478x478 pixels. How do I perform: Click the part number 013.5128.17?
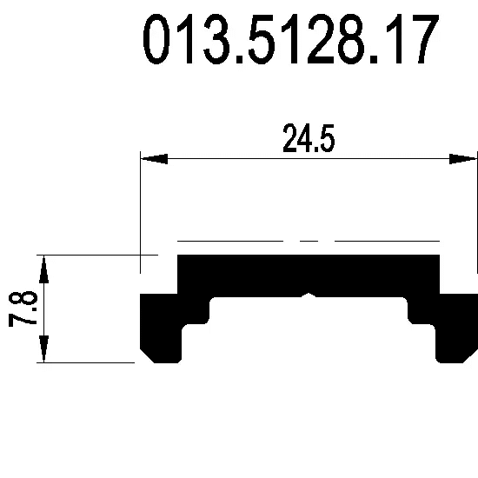291,39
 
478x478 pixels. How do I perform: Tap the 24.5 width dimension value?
309,138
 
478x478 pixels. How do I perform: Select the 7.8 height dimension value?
23,309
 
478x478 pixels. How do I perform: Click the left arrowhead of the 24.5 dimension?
154,159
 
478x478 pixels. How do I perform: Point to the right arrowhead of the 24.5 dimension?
463,159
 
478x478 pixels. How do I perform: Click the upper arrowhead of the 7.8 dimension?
44,269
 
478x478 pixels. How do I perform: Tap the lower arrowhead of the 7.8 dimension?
44,349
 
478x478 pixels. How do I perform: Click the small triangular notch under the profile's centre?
309,295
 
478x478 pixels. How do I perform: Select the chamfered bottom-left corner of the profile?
147,355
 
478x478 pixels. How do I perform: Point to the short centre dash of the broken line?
309,241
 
